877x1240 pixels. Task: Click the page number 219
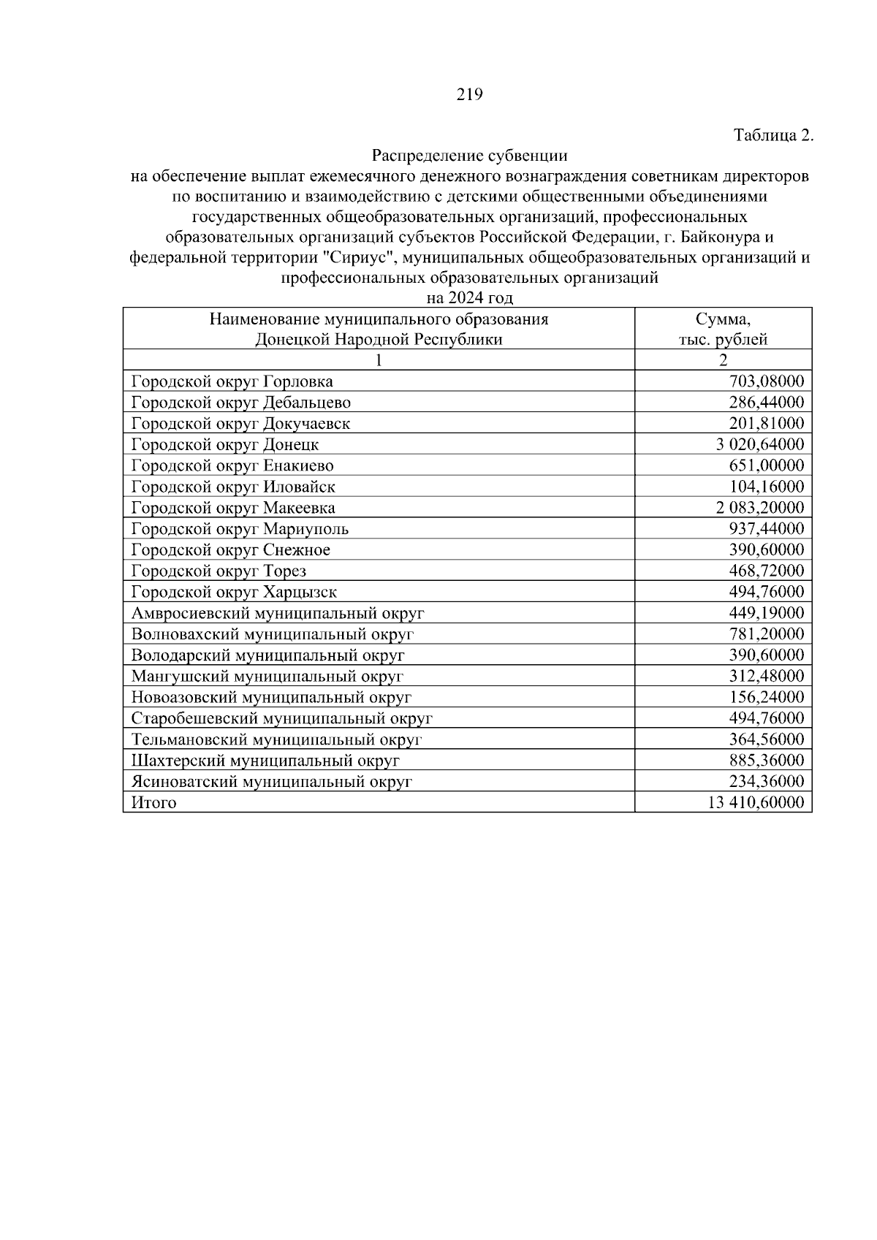pos(469,94)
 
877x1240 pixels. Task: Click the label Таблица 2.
pos(773,135)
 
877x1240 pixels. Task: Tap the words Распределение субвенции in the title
pos(469,156)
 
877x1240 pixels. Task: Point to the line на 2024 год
pos(469,298)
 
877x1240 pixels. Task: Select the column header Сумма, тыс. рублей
pos(723,329)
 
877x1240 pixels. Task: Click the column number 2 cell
pos(723,360)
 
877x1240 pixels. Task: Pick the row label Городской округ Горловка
pos(232,381)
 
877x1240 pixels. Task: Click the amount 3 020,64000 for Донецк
pos(760,444)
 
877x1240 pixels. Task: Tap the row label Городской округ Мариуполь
pos(240,529)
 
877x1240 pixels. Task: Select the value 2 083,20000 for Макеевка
pos(760,508)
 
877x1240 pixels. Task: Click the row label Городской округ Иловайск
pos(233,487)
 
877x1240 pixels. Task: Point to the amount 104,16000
pos(766,487)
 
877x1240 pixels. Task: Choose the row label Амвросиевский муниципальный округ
pos(277,613)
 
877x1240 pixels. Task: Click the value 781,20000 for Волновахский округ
pos(766,634)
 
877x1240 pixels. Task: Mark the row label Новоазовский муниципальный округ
pos(271,698)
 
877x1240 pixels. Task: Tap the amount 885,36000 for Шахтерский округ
pos(766,761)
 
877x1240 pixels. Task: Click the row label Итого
pos(153,803)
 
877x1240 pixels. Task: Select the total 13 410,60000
pos(756,803)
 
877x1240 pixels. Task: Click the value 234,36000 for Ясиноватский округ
pos(766,782)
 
